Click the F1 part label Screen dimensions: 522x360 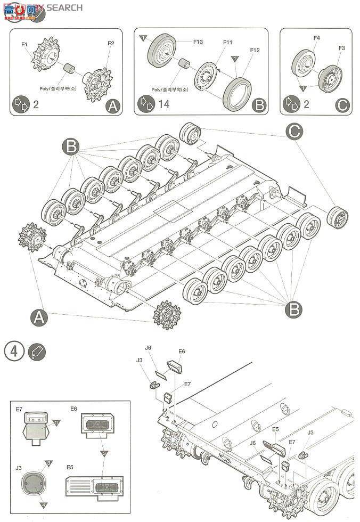(x=24, y=44)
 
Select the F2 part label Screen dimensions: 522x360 (x=111, y=43)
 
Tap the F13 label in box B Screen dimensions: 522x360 (x=198, y=41)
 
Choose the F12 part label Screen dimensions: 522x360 (x=254, y=50)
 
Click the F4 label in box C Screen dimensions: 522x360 (x=316, y=38)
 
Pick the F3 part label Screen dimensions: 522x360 (x=341, y=48)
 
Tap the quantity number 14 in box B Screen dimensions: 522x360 (x=163, y=104)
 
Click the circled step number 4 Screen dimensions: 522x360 (x=14, y=352)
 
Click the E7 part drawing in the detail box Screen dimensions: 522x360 (x=36, y=427)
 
